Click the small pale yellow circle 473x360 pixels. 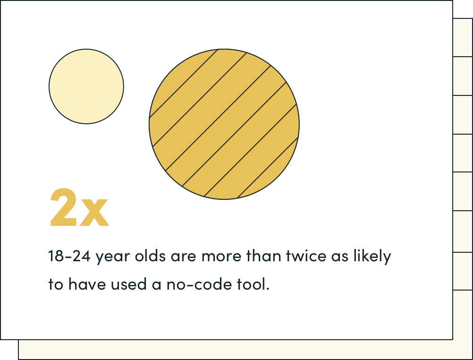click(x=86, y=86)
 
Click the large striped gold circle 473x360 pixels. click(x=224, y=124)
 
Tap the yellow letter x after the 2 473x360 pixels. click(x=95, y=213)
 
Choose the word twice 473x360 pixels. click(x=307, y=257)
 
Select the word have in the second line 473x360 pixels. click(x=84, y=285)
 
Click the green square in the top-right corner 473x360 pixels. click(x=463, y=9)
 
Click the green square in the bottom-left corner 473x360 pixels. click(x=9, y=350)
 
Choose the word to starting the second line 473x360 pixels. click(x=56, y=285)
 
